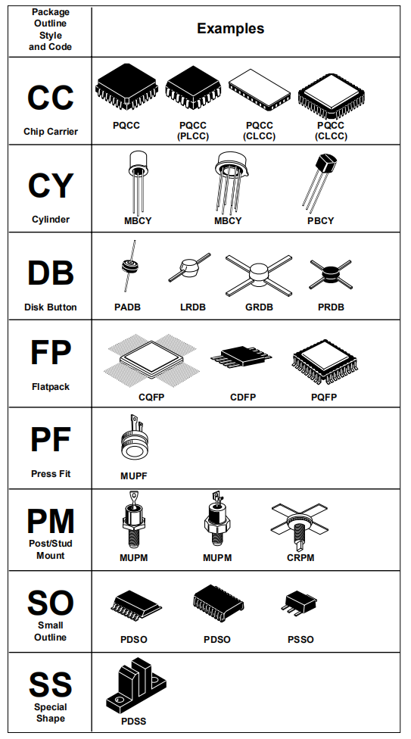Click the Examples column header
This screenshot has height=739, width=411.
pyautogui.click(x=231, y=28)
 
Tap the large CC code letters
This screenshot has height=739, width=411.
pyautogui.click(x=51, y=98)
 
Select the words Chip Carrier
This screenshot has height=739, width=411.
pyautogui.click(x=51, y=132)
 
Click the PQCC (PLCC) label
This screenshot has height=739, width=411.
pyautogui.click(x=193, y=130)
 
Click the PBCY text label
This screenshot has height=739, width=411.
pyautogui.click(x=320, y=220)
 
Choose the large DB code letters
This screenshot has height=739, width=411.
pyautogui.click(x=51, y=273)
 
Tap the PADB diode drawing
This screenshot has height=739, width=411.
pyautogui.click(x=128, y=267)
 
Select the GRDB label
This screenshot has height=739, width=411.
pyautogui.click(x=259, y=307)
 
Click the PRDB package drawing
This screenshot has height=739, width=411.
pyautogui.click(x=331, y=274)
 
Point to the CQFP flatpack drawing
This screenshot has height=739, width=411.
pyautogui.click(x=152, y=360)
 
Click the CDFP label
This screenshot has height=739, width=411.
pyautogui.click(x=243, y=398)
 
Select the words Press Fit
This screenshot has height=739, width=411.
pyautogui.click(x=51, y=474)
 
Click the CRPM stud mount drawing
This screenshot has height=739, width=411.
pyautogui.click(x=299, y=526)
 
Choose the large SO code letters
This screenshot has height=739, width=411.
pyautogui.click(x=51, y=603)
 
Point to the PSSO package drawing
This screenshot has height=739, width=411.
pyautogui.click(x=299, y=604)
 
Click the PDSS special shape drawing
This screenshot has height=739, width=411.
pyautogui.click(x=135, y=686)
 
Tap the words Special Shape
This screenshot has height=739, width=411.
pyautogui.click(x=51, y=712)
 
